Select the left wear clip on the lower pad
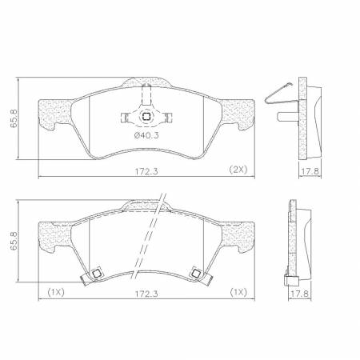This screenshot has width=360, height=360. (94, 274)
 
